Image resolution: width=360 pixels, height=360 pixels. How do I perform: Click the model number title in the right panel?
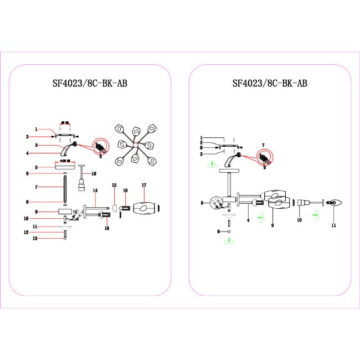270,84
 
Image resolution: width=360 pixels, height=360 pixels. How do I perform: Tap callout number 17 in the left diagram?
143,184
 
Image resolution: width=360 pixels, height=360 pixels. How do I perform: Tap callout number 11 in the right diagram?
334,226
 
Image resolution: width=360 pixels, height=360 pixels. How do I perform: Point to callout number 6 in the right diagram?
219,232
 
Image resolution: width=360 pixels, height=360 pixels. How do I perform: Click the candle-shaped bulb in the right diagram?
335,203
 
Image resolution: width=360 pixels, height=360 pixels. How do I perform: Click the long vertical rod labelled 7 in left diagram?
65,189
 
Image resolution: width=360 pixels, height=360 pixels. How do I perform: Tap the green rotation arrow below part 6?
228,241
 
